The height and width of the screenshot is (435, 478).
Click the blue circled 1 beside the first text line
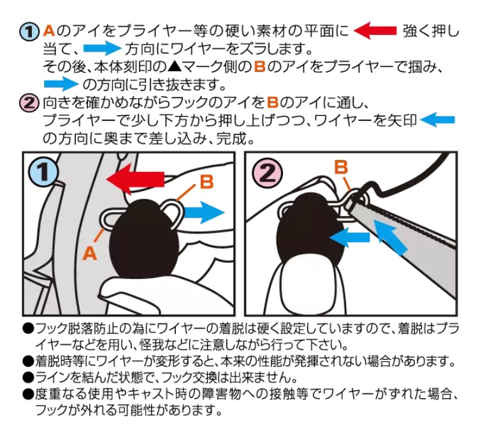coord(29,32)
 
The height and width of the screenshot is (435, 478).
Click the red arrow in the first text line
coord(375,31)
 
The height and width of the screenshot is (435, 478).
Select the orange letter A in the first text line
coord(49,31)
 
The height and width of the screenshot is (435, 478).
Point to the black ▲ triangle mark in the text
coord(175,66)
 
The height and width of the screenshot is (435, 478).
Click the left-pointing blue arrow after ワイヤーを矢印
coord(437,119)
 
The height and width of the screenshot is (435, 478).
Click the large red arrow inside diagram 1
coord(135,180)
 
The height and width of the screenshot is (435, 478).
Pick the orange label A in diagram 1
coord(90,253)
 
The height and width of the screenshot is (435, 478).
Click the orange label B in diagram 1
coord(207,182)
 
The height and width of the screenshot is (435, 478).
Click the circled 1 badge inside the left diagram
coord(43,173)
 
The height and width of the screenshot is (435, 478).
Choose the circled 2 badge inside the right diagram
coord(267,173)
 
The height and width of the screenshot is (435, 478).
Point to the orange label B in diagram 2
coord(341,168)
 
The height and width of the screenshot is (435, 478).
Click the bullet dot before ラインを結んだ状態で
coord(28,378)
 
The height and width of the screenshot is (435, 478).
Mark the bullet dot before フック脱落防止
coord(28,329)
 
